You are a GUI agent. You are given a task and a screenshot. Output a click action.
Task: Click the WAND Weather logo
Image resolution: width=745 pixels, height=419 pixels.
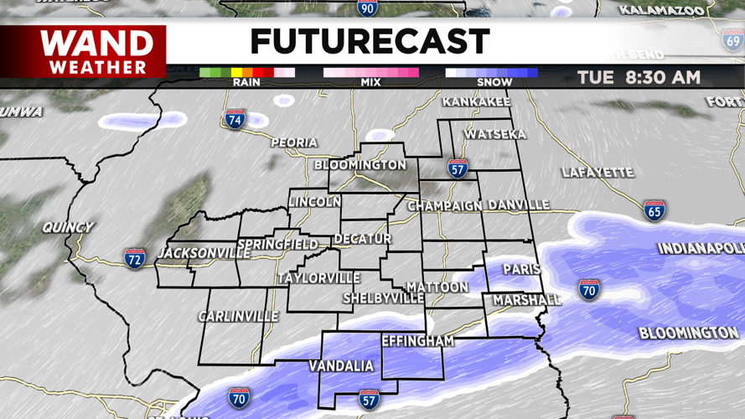tap(97, 51)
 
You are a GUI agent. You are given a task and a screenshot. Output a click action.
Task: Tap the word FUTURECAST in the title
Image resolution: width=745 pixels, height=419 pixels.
tap(370, 42)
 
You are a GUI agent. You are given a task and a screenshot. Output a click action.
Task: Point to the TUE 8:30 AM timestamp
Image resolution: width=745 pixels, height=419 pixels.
tap(639, 78)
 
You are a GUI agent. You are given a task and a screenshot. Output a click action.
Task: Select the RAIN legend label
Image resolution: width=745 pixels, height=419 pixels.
tap(246, 82)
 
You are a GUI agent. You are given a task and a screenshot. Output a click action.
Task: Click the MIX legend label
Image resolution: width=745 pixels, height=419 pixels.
tap(370, 82)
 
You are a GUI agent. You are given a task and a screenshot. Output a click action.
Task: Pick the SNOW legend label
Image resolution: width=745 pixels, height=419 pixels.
tap(494, 82)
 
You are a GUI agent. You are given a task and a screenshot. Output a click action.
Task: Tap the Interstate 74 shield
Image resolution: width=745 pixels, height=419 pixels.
tap(235, 119)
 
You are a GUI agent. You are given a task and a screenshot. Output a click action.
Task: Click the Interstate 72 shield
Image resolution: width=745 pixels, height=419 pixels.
tap(134, 258)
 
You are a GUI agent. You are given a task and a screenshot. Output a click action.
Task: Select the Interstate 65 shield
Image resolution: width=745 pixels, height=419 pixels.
tap(654, 209)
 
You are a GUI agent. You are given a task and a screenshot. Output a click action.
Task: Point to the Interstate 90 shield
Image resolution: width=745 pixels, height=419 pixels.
tap(367, 8)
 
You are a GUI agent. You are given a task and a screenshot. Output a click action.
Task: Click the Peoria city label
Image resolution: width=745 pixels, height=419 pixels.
tap(294, 143)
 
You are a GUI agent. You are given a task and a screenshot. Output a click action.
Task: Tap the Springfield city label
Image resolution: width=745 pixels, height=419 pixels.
tap(277, 245)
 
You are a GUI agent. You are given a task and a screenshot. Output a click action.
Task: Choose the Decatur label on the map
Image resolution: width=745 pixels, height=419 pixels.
tap(363, 239)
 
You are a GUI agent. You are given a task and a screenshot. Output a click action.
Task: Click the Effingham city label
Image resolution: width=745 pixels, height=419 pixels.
tap(417, 341)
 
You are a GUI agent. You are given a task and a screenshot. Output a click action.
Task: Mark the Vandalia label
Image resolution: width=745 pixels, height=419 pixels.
tap(341, 366)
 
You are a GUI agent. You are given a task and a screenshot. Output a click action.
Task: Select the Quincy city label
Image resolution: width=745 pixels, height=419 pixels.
tap(69, 227)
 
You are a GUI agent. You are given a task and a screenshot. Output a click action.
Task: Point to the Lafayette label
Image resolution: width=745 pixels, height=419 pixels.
tap(598, 173)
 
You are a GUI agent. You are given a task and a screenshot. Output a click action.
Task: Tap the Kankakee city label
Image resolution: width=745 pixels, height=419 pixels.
tap(476, 102)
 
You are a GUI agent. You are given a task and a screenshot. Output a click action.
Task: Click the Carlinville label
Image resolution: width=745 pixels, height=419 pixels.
tap(238, 317)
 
